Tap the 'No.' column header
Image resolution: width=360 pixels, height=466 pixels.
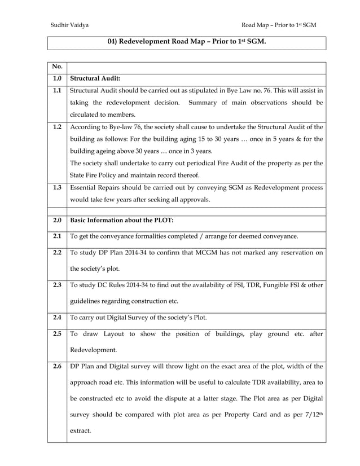pos(57,68)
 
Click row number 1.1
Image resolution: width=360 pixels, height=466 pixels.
pos(57,90)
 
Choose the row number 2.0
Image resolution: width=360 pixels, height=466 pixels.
pos(57,220)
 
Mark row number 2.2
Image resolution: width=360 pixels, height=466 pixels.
pos(57,252)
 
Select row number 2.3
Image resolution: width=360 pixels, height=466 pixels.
pos(57,285)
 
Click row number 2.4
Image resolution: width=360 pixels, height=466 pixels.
pos(57,317)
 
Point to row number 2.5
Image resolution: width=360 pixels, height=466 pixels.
pos(57,333)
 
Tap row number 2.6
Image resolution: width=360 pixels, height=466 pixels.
pos(57,367)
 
